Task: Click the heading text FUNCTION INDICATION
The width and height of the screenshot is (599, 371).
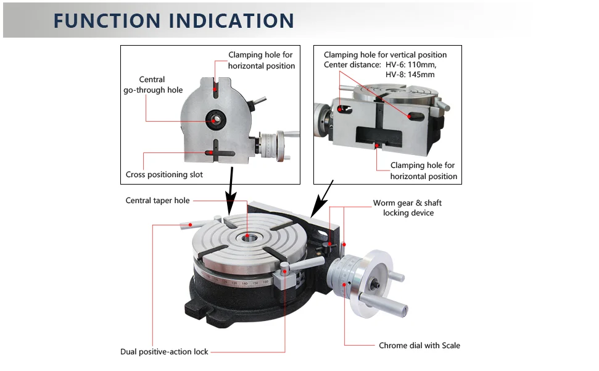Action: click(173, 20)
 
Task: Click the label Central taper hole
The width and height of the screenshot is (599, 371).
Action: click(157, 201)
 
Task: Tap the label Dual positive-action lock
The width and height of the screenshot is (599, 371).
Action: click(164, 352)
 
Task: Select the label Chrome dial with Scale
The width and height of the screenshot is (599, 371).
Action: click(419, 346)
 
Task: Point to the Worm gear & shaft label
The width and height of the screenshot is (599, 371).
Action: click(407, 203)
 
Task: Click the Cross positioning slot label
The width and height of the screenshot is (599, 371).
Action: click(164, 175)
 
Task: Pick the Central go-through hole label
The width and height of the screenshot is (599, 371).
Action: click(152, 85)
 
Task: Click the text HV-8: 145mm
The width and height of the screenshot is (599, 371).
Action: click(410, 75)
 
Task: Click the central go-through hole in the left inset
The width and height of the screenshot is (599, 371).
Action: click(215, 119)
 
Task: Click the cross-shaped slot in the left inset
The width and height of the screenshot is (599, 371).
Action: click(215, 152)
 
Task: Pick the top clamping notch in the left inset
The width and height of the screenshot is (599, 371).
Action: click(215, 85)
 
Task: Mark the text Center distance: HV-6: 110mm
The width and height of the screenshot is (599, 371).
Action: click(379, 65)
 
